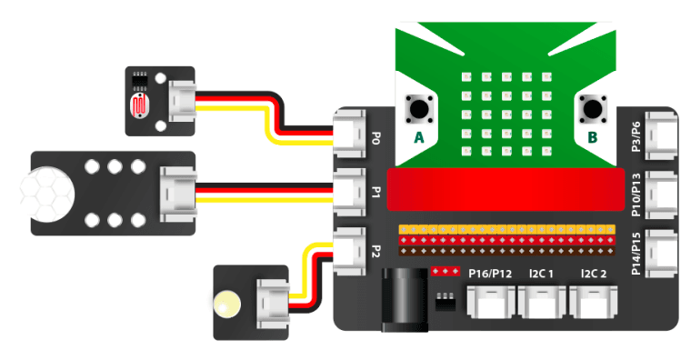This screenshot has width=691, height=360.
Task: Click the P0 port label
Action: click(x=376, y=138)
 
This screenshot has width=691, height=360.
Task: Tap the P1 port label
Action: click(x=376, y=192)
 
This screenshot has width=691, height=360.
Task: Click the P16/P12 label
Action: click(x=492, y=273)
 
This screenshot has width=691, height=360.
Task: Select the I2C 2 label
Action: click(x=599, y=273)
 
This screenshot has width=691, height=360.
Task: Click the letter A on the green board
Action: click(x=419, y=138)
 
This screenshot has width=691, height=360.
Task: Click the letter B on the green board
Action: click(x=593, y=138)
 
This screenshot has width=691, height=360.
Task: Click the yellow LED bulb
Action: click(x=225, y=299)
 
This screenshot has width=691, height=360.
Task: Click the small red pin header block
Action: click(x=445, y=271)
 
